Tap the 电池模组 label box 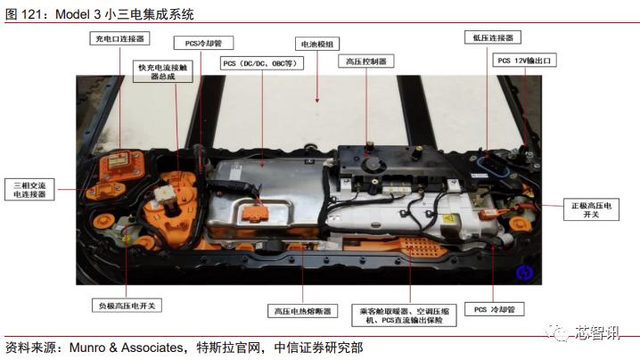pyautogui.click(x=317, y=42)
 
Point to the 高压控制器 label pyautogui.click(x=365, y=62)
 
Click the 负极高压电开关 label pyautogui.click(x=127, y=306)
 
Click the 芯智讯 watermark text pyautogui.click(x=596, y=332)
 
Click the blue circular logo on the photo pyautogui.click(x=526, y=271)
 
